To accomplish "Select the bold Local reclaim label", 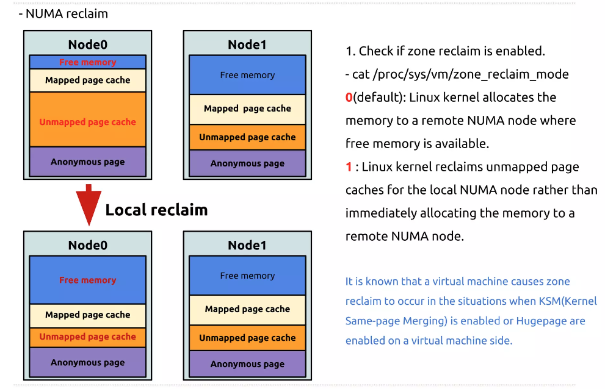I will tap(156, 210).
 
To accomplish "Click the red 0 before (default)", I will tap(349, 98).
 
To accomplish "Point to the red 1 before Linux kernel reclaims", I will tap(349, 167).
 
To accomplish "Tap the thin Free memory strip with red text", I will tap(87, 62).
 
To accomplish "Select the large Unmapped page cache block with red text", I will tap(87, 122).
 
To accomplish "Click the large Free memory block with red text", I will tap(87, 280).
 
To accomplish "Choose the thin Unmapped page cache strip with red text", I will tap(87, 337).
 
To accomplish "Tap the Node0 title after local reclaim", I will tap(87, 245).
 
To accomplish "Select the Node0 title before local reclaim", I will tap(87, 45).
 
